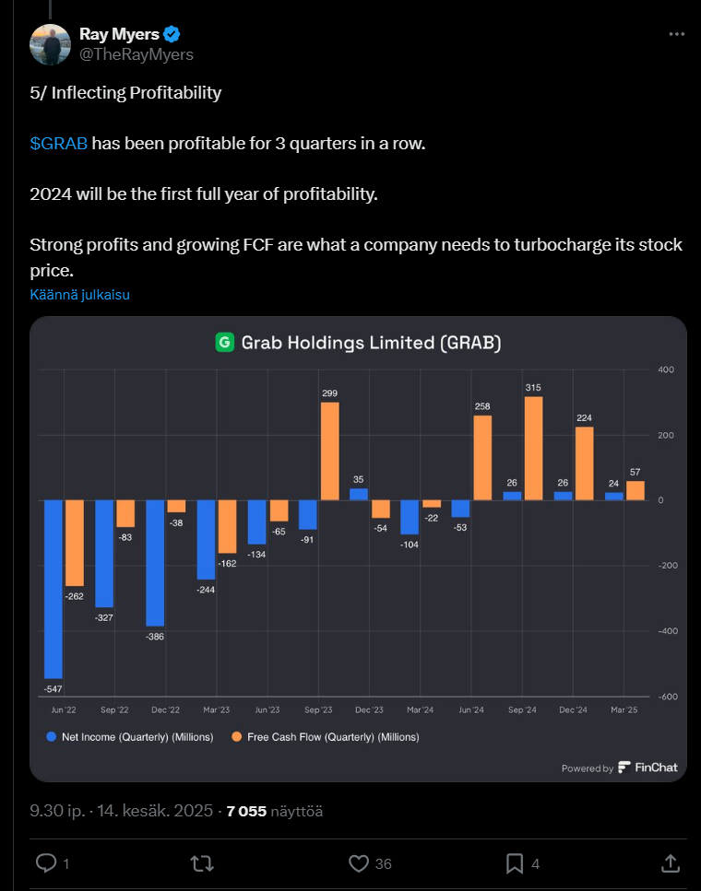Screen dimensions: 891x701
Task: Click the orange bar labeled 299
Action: (x=329, y=451)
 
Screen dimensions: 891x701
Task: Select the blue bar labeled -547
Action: (x=53, y=589)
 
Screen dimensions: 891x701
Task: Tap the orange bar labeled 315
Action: (x=533, y=448)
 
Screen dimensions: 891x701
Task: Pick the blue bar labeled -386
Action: (x=155, y=563)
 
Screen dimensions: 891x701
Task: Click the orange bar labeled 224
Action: (x=584, y=463)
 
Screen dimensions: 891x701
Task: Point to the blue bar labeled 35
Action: (x=358, y=494)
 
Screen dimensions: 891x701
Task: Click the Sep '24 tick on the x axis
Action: (x=522, y=710)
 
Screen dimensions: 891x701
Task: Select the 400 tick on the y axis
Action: (x=666, y=369)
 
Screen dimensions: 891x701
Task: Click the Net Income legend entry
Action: (x=129, y=737)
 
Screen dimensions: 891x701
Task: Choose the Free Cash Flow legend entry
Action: (x=327, y=737)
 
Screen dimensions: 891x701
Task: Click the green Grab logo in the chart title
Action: (x=224, y=343)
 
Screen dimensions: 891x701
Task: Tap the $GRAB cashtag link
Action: (x=58, y=144)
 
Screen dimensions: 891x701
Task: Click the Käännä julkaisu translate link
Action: (x=79, y=295)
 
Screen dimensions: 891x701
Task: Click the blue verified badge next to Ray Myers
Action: (x=172, y=35)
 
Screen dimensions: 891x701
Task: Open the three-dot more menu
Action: (x=676, y=35)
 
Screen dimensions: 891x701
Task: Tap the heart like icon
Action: (x=359, y=863)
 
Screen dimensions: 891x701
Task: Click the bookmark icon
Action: (x=515, y=863)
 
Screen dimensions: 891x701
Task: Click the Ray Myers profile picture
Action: (x=51, y=44)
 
